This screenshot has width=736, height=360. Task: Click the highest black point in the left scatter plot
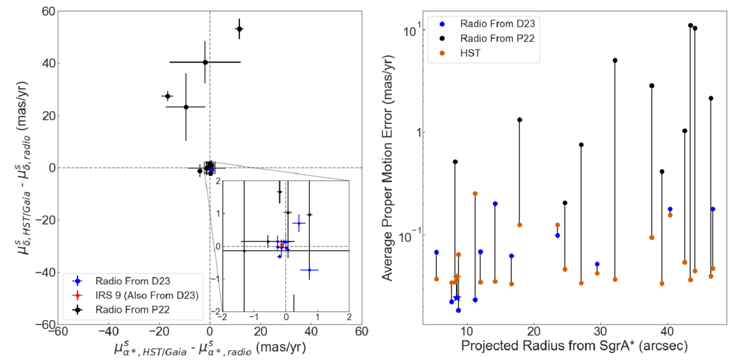(239, 28)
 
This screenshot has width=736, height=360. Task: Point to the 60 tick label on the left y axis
(45, 12)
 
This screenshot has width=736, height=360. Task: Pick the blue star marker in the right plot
(457, 297)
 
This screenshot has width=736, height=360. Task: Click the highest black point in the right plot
(690, 26)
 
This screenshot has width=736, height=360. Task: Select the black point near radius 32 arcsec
(614, 60)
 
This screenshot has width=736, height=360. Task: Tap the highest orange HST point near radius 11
(475, 193)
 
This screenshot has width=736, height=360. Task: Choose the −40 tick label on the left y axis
(41, 272)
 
